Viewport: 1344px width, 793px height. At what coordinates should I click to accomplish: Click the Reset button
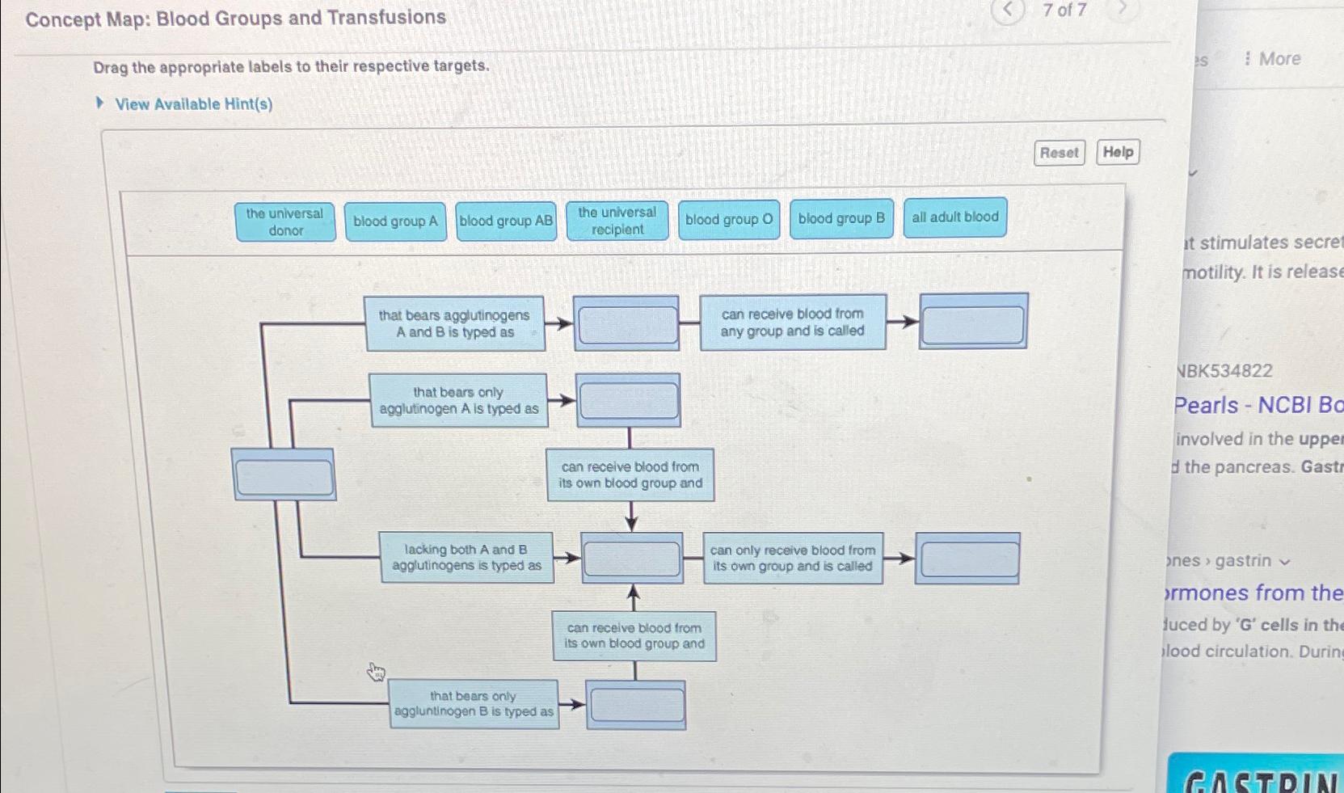click(1059, 153)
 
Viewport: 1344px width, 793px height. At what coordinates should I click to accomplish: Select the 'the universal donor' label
click(284, 222)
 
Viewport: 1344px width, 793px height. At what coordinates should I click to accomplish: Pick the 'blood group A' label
click(395, 221)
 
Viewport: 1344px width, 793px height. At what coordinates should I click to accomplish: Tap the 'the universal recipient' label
click(617, 221)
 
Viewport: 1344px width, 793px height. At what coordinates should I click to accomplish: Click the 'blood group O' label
click(729, 220)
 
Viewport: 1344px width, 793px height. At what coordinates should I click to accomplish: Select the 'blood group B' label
click(841, 218)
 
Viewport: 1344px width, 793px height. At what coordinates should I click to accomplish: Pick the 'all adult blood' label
click(954, 217)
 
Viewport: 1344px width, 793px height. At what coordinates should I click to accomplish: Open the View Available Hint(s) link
click(193, 104)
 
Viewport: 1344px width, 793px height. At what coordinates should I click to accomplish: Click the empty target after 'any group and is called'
click(973, 322)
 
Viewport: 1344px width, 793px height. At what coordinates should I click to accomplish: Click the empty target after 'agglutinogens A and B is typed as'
click(626, 324)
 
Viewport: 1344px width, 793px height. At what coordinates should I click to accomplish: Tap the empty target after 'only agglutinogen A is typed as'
click(628, 401)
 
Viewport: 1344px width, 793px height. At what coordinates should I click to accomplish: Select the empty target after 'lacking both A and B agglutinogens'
click(632, 559)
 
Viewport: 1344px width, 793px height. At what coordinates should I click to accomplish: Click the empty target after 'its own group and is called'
click(968, 559)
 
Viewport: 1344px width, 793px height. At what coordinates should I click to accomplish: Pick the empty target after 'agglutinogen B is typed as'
click(636, 705)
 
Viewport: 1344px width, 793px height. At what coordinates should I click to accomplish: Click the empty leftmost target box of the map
click(284, 476)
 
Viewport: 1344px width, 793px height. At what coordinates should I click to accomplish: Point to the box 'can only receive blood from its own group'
click(792, 559)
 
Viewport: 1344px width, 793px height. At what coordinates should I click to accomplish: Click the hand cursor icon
click(376, 672)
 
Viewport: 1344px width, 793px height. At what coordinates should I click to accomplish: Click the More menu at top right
click(1273, 59)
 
